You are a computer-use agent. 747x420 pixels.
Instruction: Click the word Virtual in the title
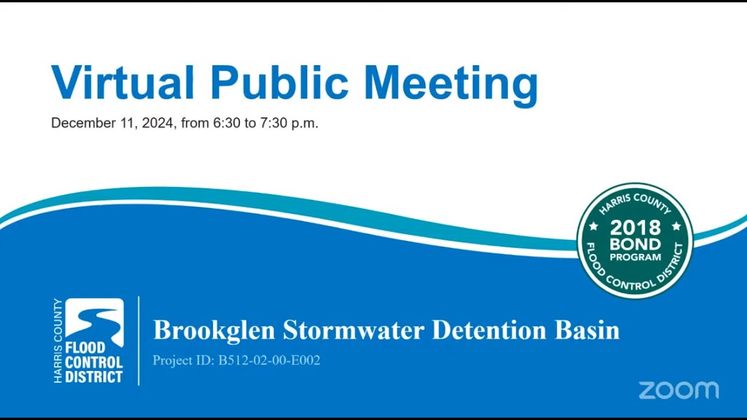123,82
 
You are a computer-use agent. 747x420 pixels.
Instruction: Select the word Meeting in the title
450,85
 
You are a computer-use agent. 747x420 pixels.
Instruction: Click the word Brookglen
214,330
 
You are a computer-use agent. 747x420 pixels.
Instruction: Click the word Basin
587,330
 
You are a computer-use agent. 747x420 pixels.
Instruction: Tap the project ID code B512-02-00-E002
269,360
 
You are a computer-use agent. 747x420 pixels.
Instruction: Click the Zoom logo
679,390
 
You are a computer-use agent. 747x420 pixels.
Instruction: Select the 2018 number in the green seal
635,228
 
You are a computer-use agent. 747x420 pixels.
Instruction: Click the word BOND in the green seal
635,244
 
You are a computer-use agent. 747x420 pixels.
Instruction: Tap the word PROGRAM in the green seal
635,257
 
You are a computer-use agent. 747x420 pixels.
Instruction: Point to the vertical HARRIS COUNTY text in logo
58,341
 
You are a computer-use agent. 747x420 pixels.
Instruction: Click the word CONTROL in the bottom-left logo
93,362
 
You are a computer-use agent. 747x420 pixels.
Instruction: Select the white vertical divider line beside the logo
139,341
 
